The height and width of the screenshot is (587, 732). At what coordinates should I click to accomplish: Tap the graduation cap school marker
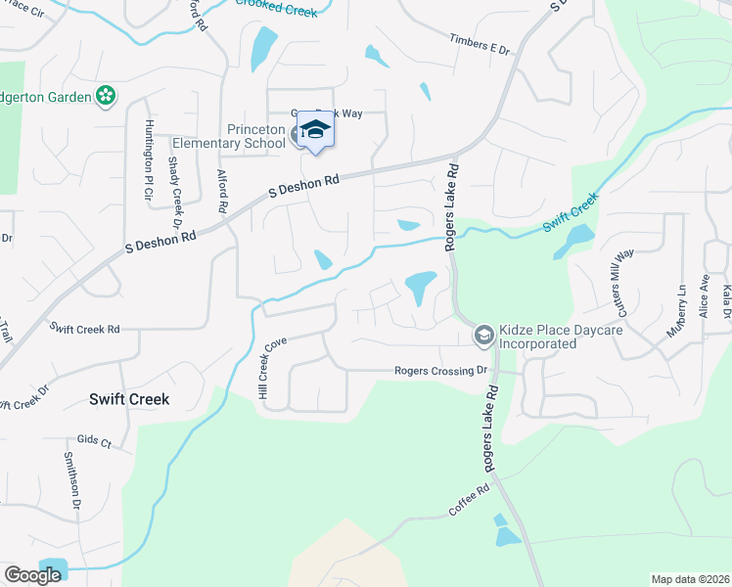click(316, 131)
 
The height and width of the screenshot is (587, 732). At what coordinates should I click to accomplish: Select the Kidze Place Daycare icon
click(483, 336)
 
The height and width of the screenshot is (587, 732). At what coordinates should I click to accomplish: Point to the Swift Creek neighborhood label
click(129, 399)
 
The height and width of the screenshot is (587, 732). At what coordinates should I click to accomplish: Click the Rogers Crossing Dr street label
click(440, 371)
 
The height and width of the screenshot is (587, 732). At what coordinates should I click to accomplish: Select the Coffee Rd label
click(469, 502)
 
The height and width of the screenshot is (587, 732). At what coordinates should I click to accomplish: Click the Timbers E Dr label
click(480, 42)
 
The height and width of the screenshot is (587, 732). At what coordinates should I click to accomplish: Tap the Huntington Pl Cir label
click(149, 159)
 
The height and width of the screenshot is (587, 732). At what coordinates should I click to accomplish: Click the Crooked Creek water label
click(277, 8)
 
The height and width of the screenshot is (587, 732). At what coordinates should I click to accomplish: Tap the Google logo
click(32, 575)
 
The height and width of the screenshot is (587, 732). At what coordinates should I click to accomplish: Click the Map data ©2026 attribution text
click(689, 579)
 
